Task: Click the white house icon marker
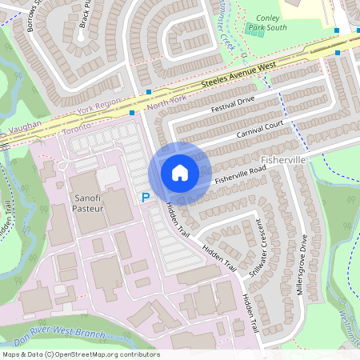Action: click(x=180, y=172)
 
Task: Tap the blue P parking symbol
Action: click(x=146, y=197)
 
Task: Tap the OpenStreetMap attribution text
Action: click(x=80, y=354)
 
